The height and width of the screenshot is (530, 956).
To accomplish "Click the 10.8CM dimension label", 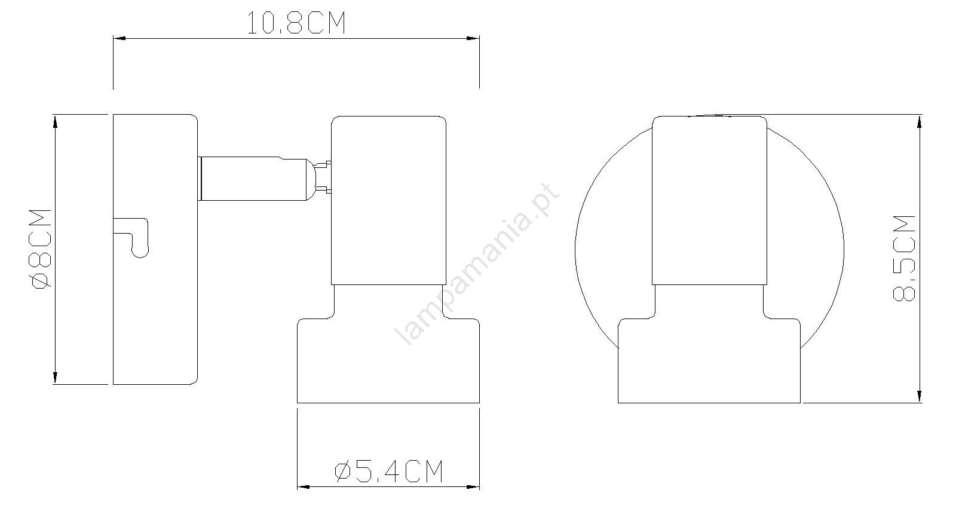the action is pos(296,23).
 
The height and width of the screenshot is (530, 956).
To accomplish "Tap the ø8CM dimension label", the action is pos(41,249).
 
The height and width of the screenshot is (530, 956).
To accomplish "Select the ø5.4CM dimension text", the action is pos(389,471).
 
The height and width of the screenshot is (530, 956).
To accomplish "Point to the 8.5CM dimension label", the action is pos(904,259).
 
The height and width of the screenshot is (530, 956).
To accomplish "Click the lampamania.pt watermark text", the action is pos(477,264).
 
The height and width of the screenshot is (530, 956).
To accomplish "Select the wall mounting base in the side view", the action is pos(155,249).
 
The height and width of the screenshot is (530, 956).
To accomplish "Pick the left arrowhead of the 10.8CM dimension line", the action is pos(119,38).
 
